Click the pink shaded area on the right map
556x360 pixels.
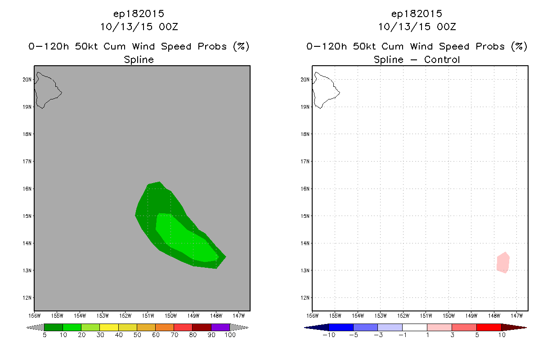pyautogui.click(x=503, y=263)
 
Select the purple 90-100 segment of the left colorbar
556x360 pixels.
pyautogui.click(x=220, y=327)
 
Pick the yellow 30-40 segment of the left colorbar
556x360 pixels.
pyautogui.click(x=109, y=327)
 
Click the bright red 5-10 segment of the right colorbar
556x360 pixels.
pyautogui.click(x=489, y=327)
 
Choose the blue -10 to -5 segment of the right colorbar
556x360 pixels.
pyautogui.click(x=341, y=327)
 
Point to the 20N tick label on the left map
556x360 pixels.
pyautogui.click(x=27, y=80)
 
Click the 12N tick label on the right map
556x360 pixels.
pyautogui.click(x=305, y=298)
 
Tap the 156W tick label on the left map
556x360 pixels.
pyautogui.click(x=35, y=315)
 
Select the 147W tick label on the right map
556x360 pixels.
pyautogui.click(x=517, y=315)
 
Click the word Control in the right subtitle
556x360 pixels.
pyautogui.click(x=440, y=60)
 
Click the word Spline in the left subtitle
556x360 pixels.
pyautogui.click(x=139, y=60)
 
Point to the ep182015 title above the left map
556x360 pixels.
pyautogui.click(x=139, y=14)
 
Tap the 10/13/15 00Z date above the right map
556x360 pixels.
pyautogui.click(x=417, y=27)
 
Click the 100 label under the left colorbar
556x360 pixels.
pyautogui.click(x=230, y=335)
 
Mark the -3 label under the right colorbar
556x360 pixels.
pyautogui.click(x=378, y=335)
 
